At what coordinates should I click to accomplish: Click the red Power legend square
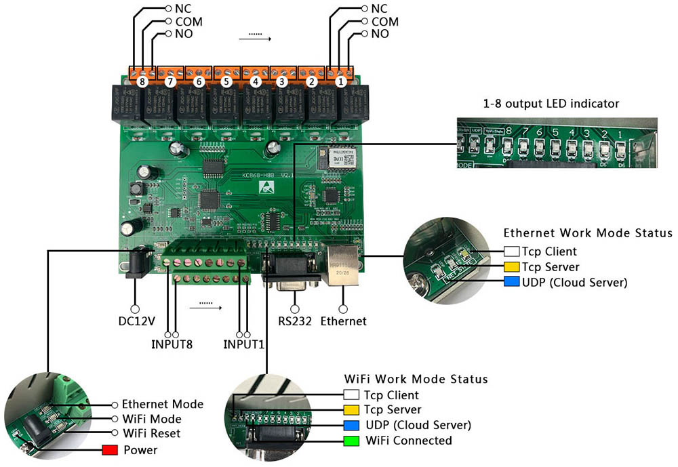[110, 450]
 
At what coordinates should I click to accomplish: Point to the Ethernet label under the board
[343, 321]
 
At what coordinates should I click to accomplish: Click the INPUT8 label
[172, 344]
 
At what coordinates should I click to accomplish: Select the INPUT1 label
[243, 344]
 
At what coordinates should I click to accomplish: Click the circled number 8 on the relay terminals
[141, 81]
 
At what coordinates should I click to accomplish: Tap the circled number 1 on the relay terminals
[340, 81]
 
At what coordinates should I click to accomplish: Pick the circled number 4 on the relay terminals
[255, 81]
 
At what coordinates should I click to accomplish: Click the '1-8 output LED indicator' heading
[551, 104]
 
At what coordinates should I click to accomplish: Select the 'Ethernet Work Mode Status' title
[588, 233]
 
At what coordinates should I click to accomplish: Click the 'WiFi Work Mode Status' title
[416, 378]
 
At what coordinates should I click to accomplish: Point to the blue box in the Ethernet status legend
[511, 282]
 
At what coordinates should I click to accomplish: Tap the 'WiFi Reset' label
[152, 432]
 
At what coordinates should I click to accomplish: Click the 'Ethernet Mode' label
[162, 404]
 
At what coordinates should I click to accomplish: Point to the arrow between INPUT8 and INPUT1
[206, 306]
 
